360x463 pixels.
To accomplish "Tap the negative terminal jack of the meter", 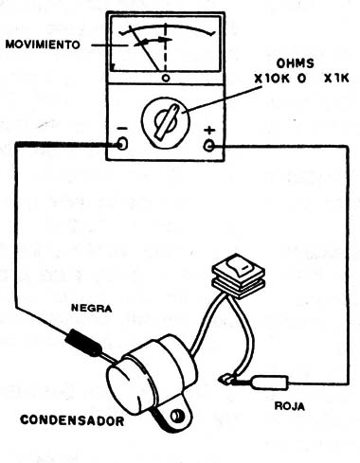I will (123, 144).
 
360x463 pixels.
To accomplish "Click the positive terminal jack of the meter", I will (209, 144).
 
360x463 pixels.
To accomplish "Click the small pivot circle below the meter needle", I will (166, 77).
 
